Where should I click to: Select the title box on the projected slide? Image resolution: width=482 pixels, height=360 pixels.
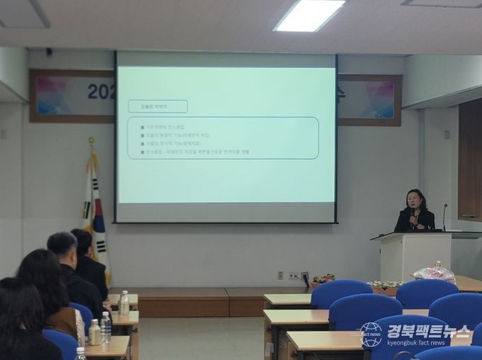point(157,106)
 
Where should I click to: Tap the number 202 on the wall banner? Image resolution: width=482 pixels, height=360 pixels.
point(101,91)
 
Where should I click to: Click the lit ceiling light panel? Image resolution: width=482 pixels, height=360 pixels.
point(309,15)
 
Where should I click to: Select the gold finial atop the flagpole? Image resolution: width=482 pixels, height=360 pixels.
point(91,142)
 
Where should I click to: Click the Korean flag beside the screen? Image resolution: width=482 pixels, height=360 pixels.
point(95,213)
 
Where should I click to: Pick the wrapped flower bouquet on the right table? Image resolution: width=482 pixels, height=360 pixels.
point(434,273)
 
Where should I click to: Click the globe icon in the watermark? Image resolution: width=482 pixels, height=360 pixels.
point(371,334)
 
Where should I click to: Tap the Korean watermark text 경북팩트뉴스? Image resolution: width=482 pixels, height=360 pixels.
point(428,331)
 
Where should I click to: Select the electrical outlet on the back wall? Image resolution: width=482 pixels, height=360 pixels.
point(293,276)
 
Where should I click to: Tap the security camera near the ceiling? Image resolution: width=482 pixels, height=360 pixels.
point(49,52)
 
